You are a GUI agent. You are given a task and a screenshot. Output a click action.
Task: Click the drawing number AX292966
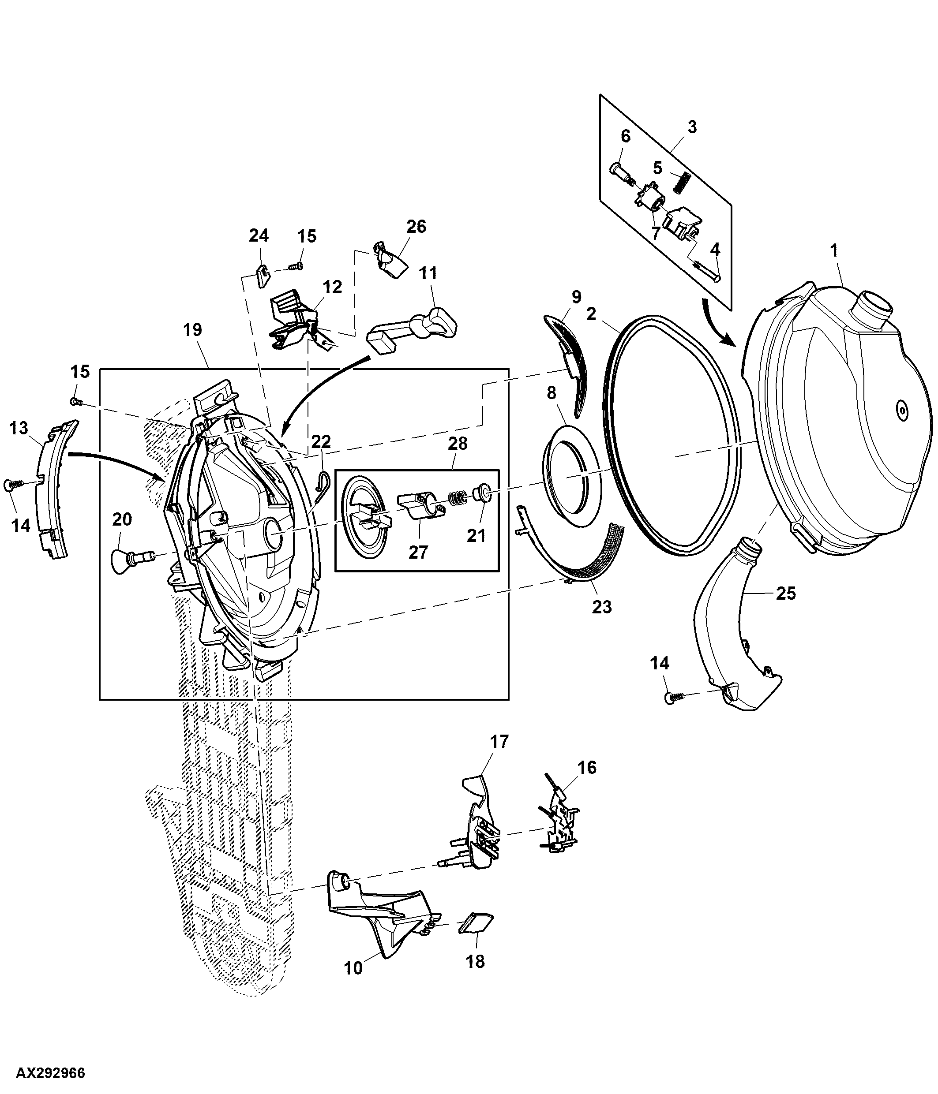[x=51, y=1073]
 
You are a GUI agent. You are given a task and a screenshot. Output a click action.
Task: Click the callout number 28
[x=458, y=444]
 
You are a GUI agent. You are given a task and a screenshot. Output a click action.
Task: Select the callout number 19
[x=192, y=330]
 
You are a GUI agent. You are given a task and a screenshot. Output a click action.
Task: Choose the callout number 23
[x=601, y=607]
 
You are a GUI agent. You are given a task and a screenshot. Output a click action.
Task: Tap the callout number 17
[x=499, y=741]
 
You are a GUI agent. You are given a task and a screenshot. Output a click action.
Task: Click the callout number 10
[x=353, y=968]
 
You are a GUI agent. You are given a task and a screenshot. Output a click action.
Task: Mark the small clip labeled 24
[x=263, y=276]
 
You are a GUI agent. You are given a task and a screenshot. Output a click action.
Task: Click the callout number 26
[x=416, y=227]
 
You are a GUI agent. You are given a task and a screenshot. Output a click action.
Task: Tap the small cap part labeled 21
[x=482, y=493]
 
